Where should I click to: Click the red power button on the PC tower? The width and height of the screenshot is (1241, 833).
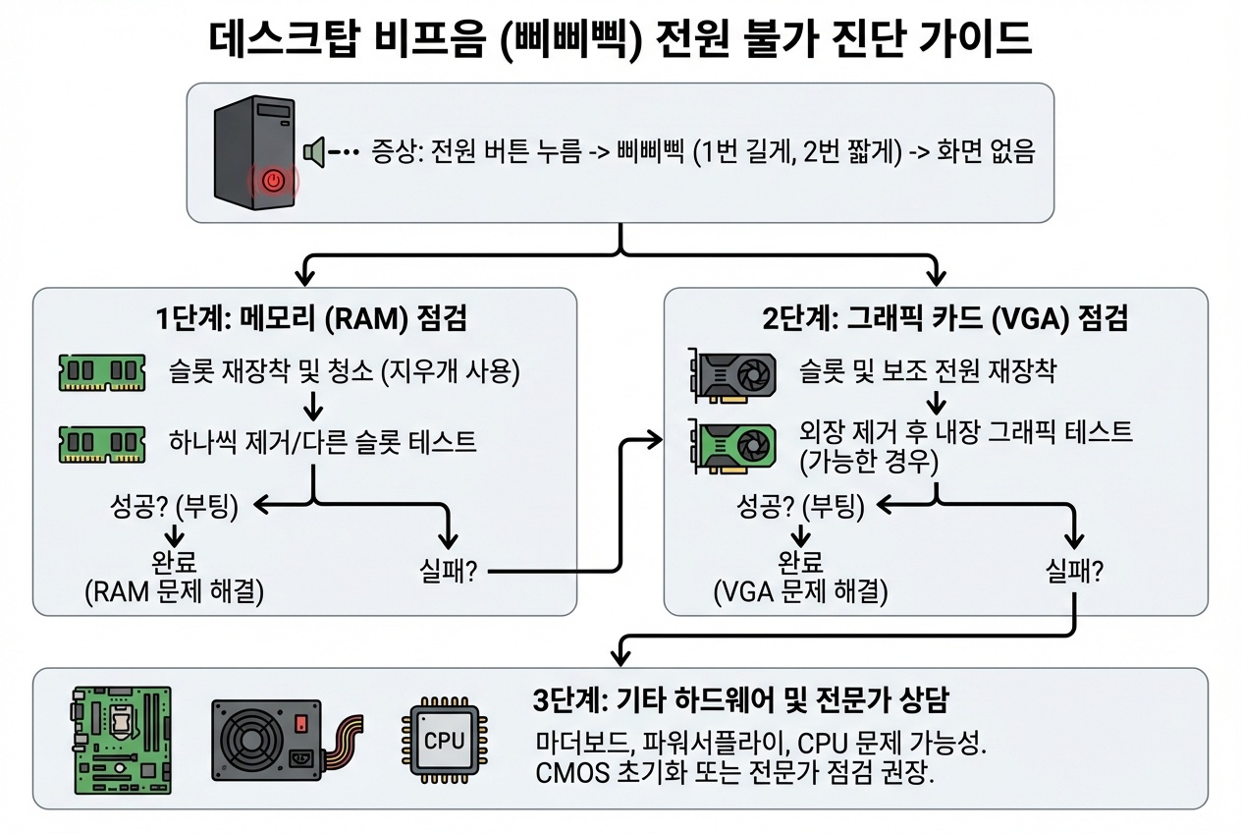[x=274, y=181]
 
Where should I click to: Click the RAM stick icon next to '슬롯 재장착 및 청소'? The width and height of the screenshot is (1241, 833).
[x=102, y=372]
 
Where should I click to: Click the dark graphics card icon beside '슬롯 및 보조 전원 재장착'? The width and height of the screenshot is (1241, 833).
[x=732, y=372]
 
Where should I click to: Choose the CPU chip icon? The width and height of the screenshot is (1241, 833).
[x=441, y=740]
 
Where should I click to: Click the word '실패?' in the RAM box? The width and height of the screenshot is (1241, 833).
[x=447, y=572]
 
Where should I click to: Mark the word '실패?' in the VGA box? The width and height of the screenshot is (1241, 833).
[x=1073, y=571]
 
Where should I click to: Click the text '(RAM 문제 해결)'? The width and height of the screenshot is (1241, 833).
[x=175, y=591]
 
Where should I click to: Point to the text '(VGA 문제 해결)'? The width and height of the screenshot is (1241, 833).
[x=800, y=592]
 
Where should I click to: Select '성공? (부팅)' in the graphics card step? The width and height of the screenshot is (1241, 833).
[x=800, y=507]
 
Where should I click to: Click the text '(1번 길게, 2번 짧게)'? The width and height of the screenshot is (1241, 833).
[x=796, y=153]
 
